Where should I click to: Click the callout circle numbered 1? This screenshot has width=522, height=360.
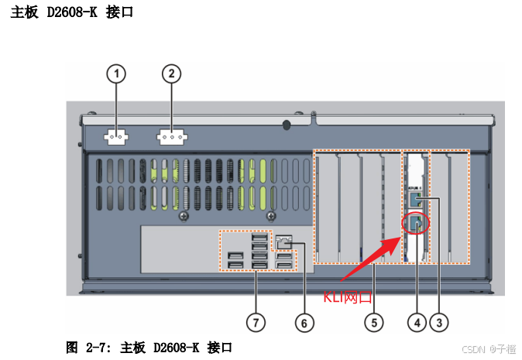116,74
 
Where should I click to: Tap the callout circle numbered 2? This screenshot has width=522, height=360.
171,74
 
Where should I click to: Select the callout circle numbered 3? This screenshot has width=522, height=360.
440,320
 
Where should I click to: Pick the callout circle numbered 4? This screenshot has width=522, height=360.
418,320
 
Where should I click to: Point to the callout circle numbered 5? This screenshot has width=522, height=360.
375,320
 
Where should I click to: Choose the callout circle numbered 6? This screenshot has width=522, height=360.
304,320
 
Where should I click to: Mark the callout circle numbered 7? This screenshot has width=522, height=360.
256,320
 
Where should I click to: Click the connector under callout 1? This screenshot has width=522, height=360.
116,137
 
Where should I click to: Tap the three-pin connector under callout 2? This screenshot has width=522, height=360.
172,138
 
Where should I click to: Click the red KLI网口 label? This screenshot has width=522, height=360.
348,296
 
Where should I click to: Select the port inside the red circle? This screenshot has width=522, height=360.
417,223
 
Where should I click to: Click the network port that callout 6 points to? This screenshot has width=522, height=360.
284,241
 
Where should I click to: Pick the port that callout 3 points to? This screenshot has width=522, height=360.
418,200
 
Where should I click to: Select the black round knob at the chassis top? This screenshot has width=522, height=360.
287,124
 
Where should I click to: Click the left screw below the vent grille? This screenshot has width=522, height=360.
183,216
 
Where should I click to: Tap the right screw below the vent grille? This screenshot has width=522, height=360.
270,216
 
